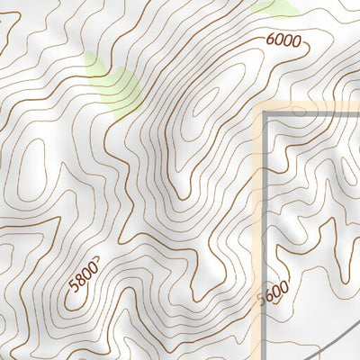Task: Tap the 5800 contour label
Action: pos(82,277)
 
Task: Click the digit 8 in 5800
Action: pos(78,281)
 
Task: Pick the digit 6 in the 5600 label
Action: pos(268,296)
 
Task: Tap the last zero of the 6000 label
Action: pos(296,42)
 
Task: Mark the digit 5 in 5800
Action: pos(72,288)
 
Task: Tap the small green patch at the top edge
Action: pos(277,8)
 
